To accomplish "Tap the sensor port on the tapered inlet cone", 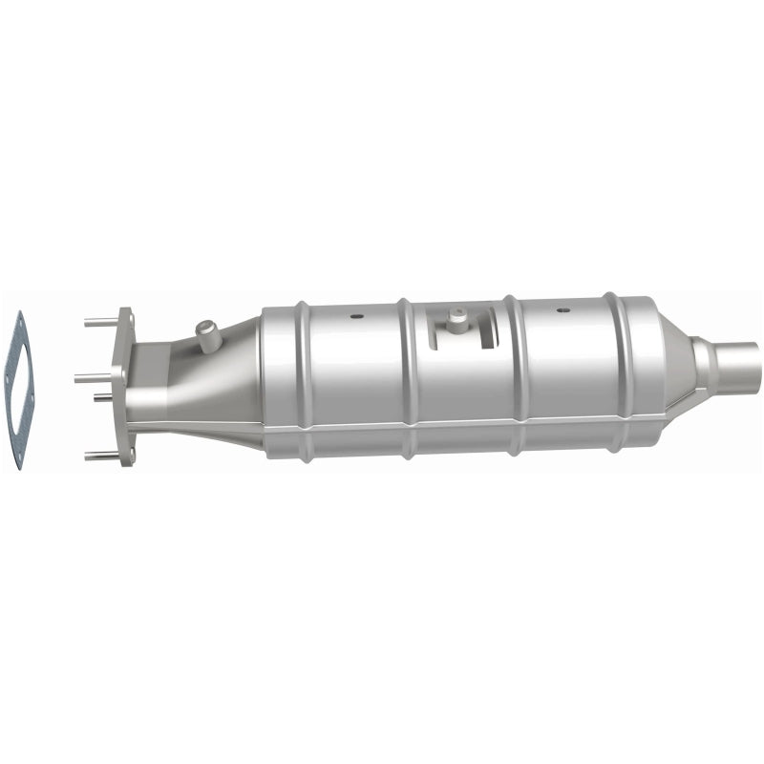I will (206, 333).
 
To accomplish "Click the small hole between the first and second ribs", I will (355, 315).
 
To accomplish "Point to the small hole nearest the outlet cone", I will (563, 310).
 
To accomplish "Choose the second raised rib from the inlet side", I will (407, 377).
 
